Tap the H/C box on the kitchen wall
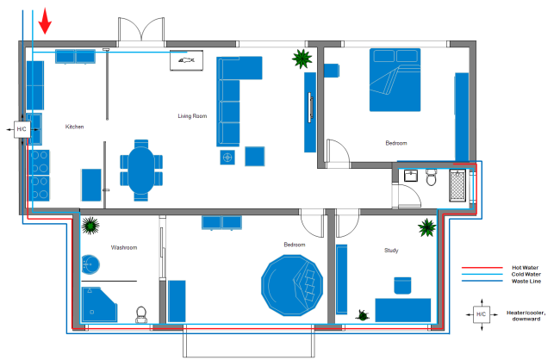(x=22, y=129)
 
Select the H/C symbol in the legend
(x=481, y=315)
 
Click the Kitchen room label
(x=75, y=127)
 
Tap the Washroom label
(x=124, y=247)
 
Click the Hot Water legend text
(x=524, y=267)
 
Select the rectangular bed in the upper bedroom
(x=397, y=80)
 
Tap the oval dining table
(x=140, y=166)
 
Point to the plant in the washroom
(x=90, y=226)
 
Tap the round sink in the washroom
(x=90, y=264)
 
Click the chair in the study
(x=403, y=286)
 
